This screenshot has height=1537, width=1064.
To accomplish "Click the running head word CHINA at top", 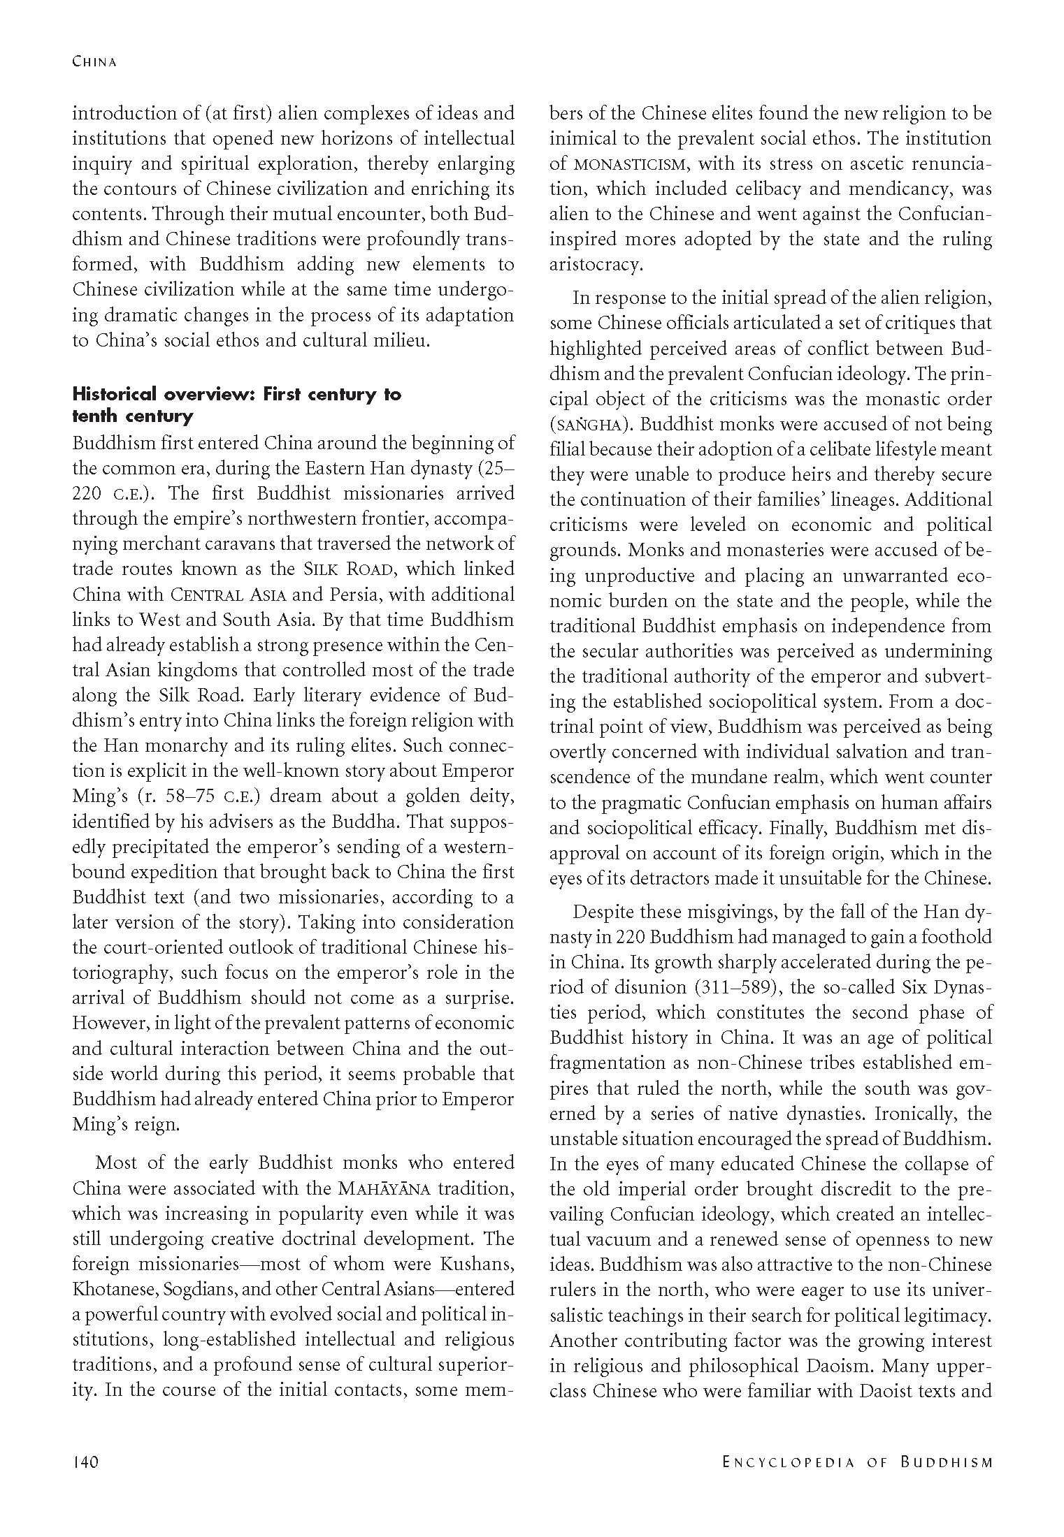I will [94, 62].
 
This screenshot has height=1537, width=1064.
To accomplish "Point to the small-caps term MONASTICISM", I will [631, 165].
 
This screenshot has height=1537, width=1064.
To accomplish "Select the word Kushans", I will [477, 1264].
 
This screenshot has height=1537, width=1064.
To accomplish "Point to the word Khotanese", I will [111, 1289].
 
